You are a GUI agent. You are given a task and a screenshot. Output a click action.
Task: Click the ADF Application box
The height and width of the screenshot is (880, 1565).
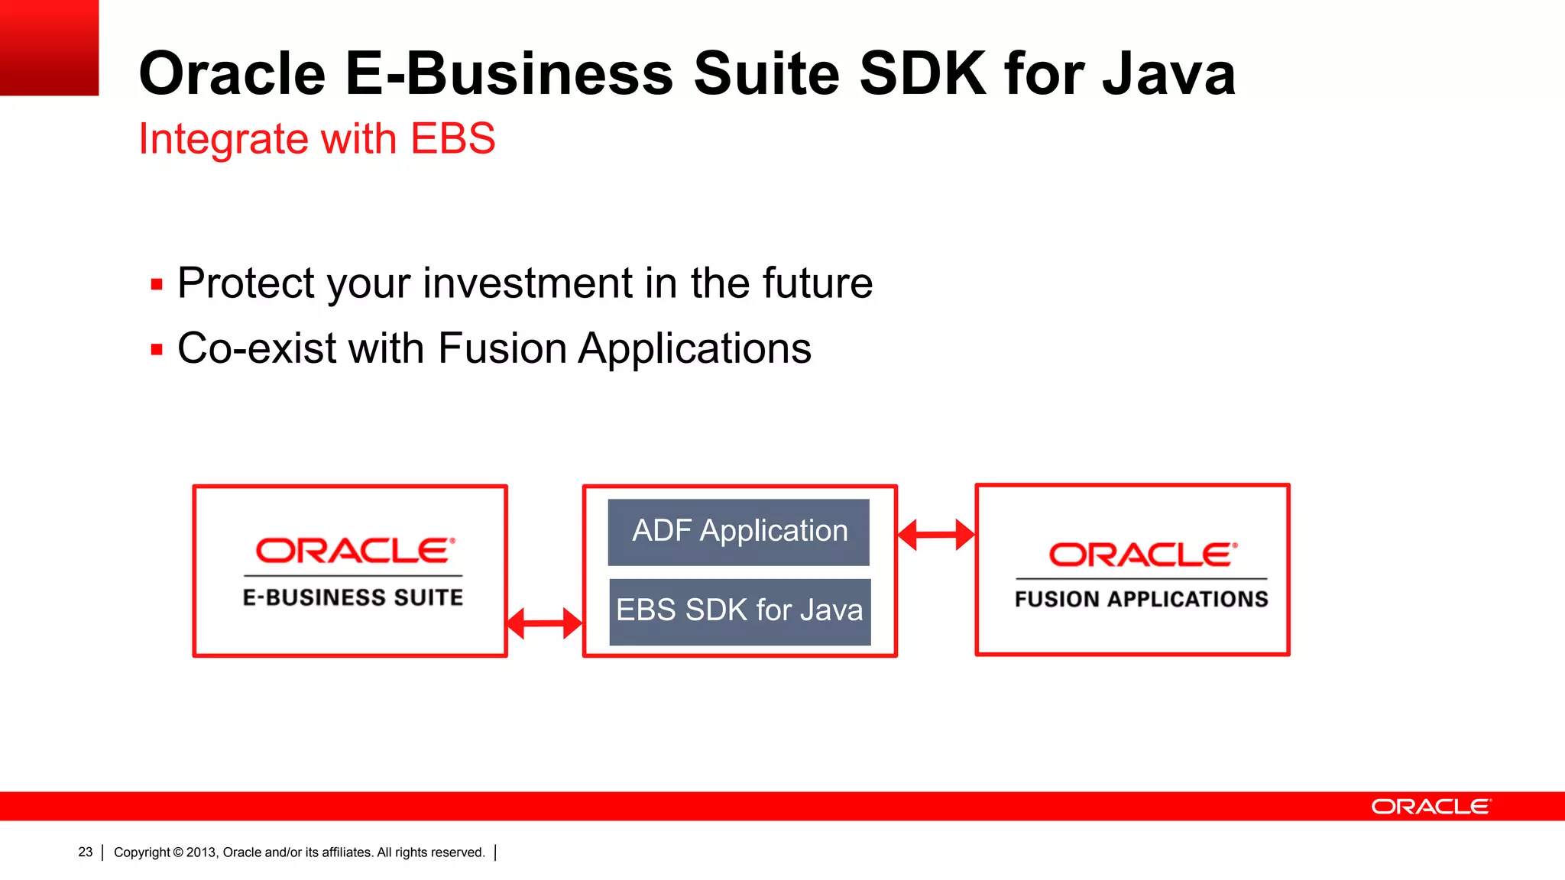[x=738, y=532]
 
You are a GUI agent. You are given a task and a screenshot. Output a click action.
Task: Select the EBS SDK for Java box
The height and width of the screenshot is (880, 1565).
[x=740, y=612]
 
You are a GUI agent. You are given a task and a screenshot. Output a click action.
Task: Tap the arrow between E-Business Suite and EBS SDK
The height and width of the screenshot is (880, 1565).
[x=544, y=623]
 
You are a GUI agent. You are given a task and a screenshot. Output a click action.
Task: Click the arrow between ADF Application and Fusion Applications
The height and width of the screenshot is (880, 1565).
[x=935, y=535]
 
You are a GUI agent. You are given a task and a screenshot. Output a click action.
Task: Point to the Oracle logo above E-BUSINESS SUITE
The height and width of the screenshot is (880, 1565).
[x=355, y=551]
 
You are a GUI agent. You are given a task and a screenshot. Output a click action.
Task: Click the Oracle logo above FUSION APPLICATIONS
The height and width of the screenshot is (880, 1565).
[x=1142, y=555]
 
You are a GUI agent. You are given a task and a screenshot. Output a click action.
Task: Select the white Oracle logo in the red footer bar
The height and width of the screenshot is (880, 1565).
[x=1431, y=807]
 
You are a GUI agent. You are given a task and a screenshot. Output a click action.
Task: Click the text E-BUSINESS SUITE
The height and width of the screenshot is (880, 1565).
[x=353, y=597]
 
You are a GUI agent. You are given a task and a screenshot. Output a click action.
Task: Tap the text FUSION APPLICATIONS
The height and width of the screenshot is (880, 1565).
[x=1141, y=599]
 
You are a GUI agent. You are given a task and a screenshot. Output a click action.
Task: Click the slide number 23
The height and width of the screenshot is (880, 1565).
[x=85, y=852]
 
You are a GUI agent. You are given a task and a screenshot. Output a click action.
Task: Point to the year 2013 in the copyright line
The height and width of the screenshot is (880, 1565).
[x=201, y=852]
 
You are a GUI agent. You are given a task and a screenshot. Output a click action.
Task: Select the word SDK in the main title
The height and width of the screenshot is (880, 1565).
[x=922, y=74]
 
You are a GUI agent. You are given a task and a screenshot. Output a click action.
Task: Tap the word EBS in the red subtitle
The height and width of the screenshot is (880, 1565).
[x=452, y=139]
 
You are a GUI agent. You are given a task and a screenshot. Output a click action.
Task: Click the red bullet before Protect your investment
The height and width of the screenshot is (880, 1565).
[x=157, y=286]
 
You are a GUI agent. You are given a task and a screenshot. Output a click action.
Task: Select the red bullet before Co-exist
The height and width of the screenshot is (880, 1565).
[x=157, y=351]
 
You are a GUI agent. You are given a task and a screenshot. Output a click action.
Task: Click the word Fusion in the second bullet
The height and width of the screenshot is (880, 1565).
[x=501, y=349]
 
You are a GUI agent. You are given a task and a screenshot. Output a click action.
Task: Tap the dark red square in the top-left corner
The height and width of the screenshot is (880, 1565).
[x=49, y=47]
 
